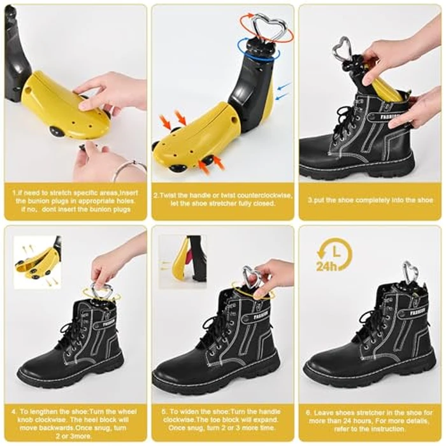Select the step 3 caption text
[370, 200]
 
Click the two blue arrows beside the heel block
[284, 90]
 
